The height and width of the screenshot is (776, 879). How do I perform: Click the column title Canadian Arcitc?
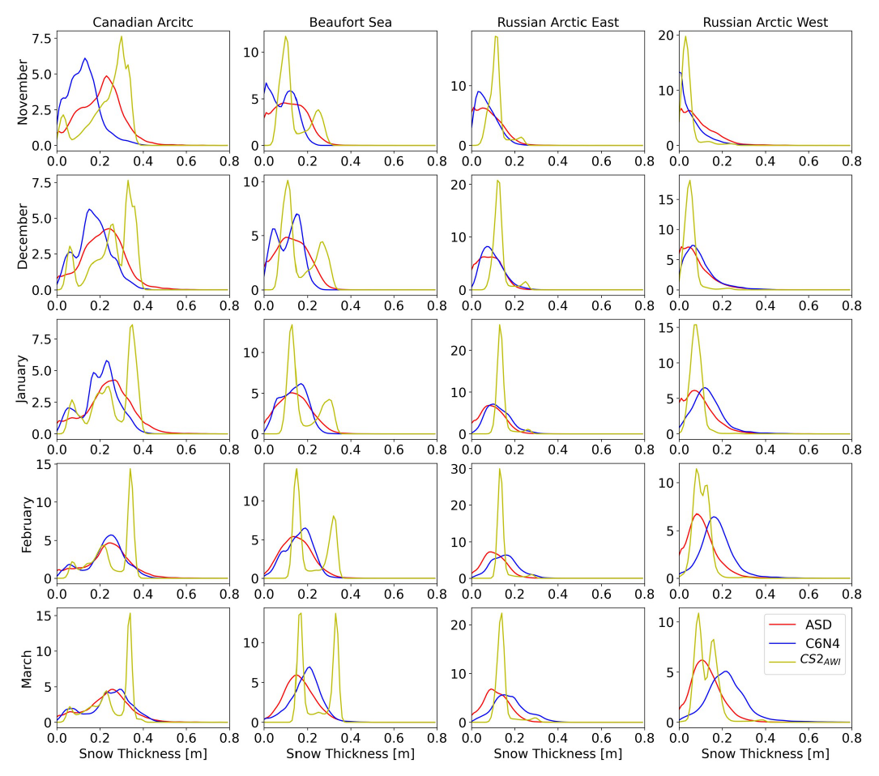click(143, 22)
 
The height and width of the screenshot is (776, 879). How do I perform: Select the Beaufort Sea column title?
click(350, 22)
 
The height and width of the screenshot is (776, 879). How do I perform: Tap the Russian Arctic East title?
click(557, 22)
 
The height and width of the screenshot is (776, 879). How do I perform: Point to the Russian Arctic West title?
click(766, 22)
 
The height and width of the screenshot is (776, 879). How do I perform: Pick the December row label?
click(23, 236)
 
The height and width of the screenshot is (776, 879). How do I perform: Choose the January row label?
click(23, 381)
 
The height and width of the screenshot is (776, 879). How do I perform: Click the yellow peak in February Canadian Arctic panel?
click(130, 470)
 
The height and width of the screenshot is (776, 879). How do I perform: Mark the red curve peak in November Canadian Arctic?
click(107, 76)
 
